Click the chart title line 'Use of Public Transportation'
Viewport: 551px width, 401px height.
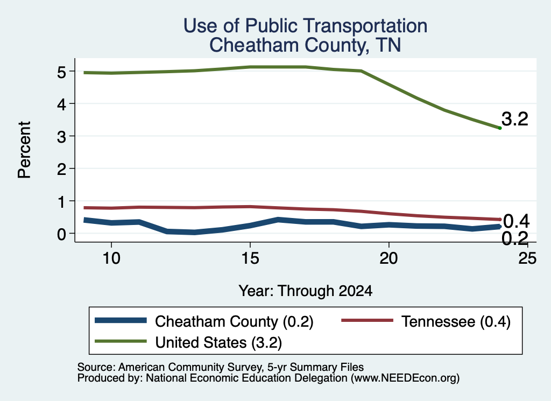pos(306,26)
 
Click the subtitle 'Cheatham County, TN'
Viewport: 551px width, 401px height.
pos(306,45)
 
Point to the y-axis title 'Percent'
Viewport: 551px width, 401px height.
pos(25,150)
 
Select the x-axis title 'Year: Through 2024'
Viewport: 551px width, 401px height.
pos(306,291)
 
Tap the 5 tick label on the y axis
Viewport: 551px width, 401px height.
pos(62,72)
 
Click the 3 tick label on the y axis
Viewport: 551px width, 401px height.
pos(62,137)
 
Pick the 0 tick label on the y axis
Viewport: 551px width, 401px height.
pos(62,234)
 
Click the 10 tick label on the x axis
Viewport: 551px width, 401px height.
pos(111,258)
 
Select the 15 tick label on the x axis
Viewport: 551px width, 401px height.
pos(250,258)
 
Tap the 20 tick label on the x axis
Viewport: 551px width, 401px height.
pos(388,258)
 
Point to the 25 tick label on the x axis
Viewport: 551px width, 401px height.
pos(527,258)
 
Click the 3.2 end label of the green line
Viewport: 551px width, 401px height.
pos(515,119)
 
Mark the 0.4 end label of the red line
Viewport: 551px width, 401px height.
pos(516,221)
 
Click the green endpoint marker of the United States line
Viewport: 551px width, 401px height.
pos(500,128)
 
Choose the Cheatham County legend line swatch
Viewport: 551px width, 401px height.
pos(121,320)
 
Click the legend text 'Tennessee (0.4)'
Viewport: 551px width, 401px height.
pos(456,321)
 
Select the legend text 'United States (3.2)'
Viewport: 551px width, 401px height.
pos(218,342)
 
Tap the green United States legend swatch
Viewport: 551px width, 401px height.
pos(121,341)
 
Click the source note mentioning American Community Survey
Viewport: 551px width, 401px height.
pos(220,367)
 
